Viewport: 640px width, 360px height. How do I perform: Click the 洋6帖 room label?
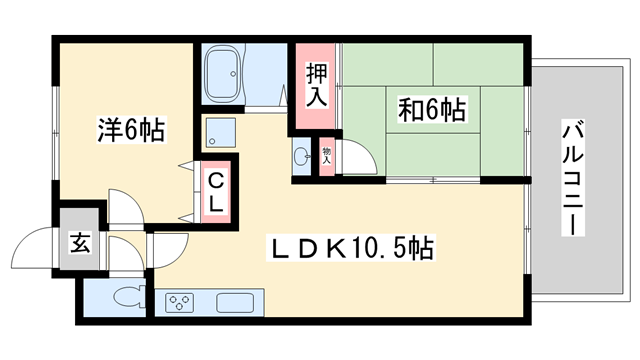point(131,130)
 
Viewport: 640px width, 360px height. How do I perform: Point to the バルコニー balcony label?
point(572,178)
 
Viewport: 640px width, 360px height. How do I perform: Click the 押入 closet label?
point(316,85)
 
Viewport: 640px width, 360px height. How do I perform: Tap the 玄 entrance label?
point(78,242)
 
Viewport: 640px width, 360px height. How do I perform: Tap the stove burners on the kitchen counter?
point(181,302)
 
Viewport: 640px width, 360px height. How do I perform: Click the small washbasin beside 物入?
point(303,155)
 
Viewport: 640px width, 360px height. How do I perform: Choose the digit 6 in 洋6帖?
point(131,130)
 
